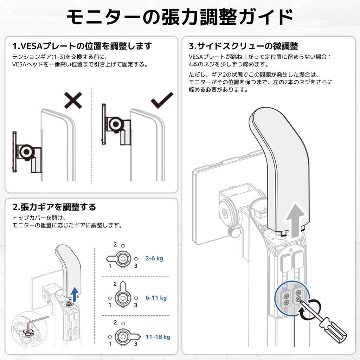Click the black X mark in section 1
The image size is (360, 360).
[x=73, y=100]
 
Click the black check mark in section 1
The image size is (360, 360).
[x=162, y=100]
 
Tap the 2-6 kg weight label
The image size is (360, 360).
[x=154, y=258]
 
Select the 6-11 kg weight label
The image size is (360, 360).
[x=156, y=297]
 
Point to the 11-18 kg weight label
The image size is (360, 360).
[x=158, y=337]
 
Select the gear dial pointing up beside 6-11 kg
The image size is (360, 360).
[x=123, y=296]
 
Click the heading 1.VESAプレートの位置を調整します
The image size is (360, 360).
[x=82, y=46]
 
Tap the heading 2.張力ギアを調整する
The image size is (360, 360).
[x=54, y=207]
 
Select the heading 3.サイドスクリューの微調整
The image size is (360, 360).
[x=243, y=46]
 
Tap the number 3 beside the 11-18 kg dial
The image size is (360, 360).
[x=136, y=344]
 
